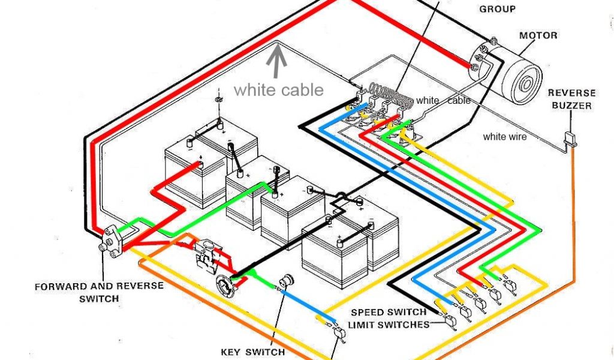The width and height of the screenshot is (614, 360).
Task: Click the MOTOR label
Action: [538, 35]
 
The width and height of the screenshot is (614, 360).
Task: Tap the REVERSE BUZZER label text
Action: [571, 100]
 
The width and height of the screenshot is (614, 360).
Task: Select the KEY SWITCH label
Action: [252, 352]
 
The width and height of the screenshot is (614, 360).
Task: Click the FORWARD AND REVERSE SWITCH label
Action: [98, 292]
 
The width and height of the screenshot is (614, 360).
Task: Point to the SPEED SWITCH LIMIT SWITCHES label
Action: [390, 319]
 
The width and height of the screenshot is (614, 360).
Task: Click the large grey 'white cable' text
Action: [279, 90]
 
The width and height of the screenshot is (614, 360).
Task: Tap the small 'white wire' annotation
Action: [505, 137]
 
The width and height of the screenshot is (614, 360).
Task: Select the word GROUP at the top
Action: [498, 9]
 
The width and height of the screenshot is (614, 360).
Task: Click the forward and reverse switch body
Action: [109, 241]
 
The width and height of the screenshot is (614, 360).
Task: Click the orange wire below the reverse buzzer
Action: [573, 210]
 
